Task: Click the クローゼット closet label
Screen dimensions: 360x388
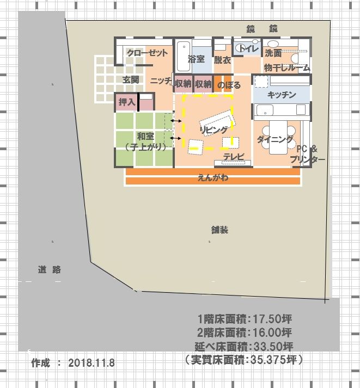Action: pyautogui.click(x=147, y=53)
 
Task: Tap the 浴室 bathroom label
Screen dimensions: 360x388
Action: pyautogui.click(x=196, y=59)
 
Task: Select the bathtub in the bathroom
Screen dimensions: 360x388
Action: pyautogui.click(x=184, y=56)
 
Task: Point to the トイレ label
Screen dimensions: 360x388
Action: pyautogui.click(x=249, y=48)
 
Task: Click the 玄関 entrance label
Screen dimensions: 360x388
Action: pyautogui.click(x=131, y=79)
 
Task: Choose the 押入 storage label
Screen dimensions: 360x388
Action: pyautogui.click(x=127, y=102)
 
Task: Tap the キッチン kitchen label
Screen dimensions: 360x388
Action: pyautogui.click(x=282, y=95)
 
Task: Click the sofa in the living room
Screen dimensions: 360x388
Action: pyautogui.click(x=218, y=120)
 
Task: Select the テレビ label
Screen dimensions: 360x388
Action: pyautogui.click(x=234, y=156)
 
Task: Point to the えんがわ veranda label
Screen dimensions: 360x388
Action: pyautogui.click(x=213, y=177)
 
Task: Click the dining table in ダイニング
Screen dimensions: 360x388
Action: pyautogui.click(x=278, y=137)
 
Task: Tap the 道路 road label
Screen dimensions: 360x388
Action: pyautogui.click(x=50, y=269)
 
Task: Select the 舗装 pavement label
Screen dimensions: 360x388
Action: pyautogui.click(x=219, y=230)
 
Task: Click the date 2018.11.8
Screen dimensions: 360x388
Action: pyautogui.click(x=91, y=363)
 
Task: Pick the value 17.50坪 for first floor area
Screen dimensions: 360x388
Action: pyautogui.click(x=272, y=319)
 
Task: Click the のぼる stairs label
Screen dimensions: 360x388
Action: pyautogui.click(x=229, y=85)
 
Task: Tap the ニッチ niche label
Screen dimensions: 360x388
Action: pyautogui.click(x=161, y=81)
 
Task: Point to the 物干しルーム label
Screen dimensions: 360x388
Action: pyautogui.click(x=286, y=67)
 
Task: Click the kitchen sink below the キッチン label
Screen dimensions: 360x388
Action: pyautogui.click(x=265, y=110)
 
